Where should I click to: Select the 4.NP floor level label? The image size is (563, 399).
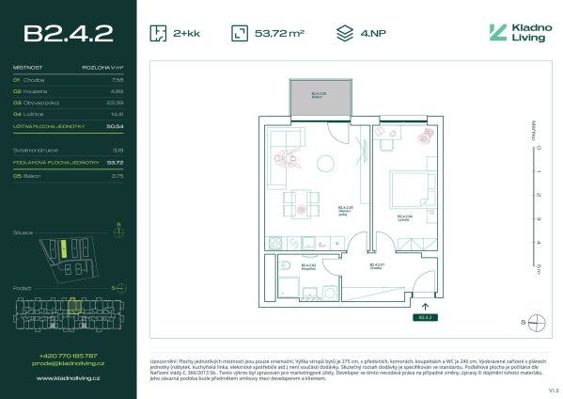tap(372, 34)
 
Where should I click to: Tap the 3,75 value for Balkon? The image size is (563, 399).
tap(117, 175)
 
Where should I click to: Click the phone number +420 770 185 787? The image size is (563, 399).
tap(68, 355)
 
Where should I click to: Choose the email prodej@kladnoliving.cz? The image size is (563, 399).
tap(68, 362)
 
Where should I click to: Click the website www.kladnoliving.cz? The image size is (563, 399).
tap(68, 378)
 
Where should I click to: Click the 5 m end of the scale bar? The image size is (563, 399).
tap(538, 268)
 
